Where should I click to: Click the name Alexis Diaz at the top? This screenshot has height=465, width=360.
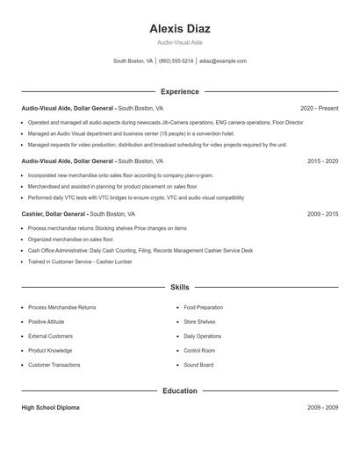180,28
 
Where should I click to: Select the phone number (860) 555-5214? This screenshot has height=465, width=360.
176,61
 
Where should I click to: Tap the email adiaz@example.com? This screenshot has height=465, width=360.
223,61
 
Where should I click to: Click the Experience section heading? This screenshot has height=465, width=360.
180,91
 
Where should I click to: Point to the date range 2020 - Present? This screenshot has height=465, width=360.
319,108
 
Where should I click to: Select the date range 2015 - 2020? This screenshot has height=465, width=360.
323,161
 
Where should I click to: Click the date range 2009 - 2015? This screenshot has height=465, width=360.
323,213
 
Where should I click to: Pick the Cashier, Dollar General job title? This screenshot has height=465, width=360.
54,213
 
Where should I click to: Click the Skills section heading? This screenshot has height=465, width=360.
180,287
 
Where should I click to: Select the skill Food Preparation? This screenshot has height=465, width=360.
203,308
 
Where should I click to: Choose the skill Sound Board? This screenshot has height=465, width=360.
198,365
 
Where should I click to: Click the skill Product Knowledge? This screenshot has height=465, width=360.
50,351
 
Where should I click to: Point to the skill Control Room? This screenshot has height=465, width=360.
199,351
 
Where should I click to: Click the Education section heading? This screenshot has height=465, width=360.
180,390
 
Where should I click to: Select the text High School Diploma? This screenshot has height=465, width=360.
51,408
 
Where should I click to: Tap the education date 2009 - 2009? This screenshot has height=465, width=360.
323,408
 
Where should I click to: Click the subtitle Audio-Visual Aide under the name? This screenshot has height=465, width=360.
180,42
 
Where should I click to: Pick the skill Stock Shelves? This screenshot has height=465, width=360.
199,322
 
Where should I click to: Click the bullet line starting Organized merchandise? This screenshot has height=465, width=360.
70,239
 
